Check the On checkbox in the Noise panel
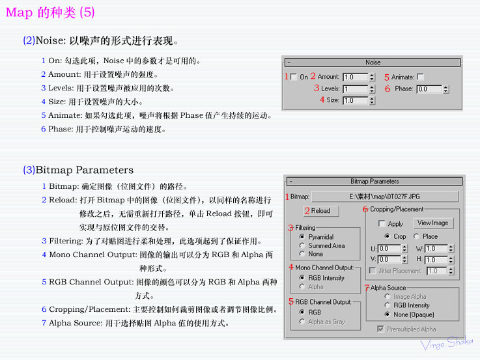pyautogui.click(x=293, y=77)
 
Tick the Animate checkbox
pyautogui.click(x=420, y=77)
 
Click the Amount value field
pyautogui.click(x=355, y=77)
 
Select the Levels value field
pyautogui.click(x=355, y=89)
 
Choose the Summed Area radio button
pyautogui.click(x=302, y=245)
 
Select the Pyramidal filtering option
pyautogui.click(x=302, y=237)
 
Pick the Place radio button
pyautogui.click(x=417, y=236)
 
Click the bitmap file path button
pyautogui.click(x=384, y=196)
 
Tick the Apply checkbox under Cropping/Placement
pyautogui.click(x=382, y=224)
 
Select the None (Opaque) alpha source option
pyautogui.click(x=388, y=314)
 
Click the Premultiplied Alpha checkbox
pyautogui.click(x=381, y=329)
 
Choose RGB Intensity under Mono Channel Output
pyautogui.click(x=302, y=278)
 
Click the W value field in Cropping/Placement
pyautogui.click(x=436, y=249)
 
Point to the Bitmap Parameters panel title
pyautogui.click(x=374, y=182)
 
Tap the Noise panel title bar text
pyautogui.click(x=373, y=62)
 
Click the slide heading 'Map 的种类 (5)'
pyautogui.click(x=50, y=12)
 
